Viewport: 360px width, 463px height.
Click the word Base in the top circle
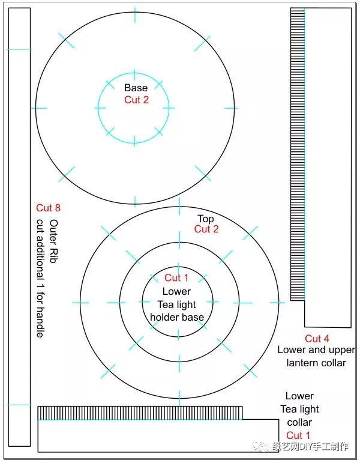tap(136, 88)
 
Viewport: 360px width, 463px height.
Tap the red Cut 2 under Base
tap(136, 100)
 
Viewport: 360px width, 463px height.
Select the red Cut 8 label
tap(48, 208)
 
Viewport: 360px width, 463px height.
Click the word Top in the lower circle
tap(206, 219)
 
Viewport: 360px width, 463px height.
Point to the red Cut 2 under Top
tap(206, 229)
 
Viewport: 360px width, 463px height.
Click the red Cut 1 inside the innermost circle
tap(176, 277)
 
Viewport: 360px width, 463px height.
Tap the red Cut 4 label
tap(317, 338)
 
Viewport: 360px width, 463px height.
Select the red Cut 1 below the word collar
tap(298, 435)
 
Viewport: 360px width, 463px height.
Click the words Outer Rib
tap(54, 241)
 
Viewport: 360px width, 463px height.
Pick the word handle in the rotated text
tap(40, 322)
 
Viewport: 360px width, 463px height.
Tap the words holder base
tap(177, 317)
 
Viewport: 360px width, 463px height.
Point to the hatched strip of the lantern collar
tap(298, 154)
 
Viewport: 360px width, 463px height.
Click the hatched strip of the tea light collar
tap(140, 413)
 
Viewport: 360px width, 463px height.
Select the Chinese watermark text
tap(302, 446)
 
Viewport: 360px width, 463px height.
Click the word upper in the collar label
tap(341, 351)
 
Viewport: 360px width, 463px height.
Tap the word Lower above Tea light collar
tap(299, 396)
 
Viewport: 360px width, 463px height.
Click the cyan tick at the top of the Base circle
tap(135, 15)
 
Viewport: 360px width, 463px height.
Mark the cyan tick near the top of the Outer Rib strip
tap(19, 50)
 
